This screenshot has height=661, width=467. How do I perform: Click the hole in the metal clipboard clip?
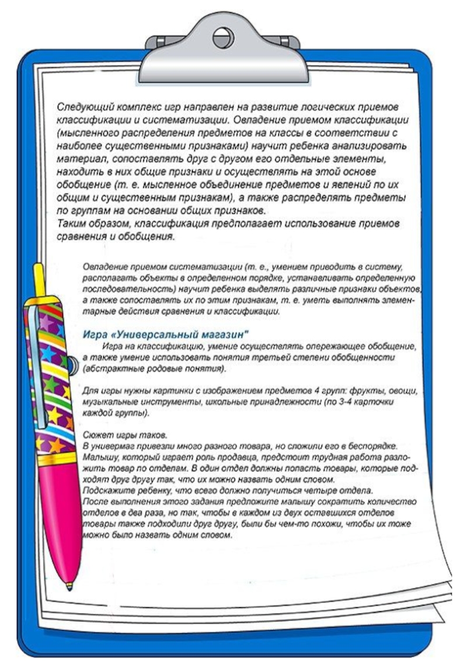222,39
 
